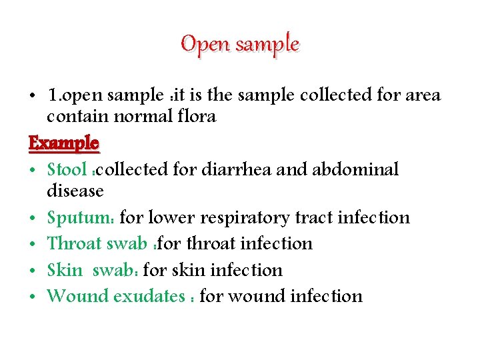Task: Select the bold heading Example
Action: click(64, 143)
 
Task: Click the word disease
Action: click(75, 191)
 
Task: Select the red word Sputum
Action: click(79, 218)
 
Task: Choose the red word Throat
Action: click(75, 243)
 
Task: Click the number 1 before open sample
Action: click(52, 95)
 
